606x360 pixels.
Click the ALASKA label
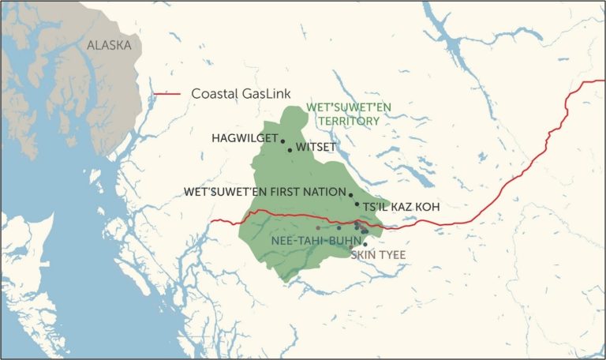point(109,46)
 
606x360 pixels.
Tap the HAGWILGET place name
point(244,138)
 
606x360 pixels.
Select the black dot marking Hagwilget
point(282,141)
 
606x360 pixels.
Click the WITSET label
point(316,148)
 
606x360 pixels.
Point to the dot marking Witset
point(290,149)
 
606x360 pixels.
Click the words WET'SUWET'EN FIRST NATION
point(264,192)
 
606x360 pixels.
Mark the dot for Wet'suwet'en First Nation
point(350,194)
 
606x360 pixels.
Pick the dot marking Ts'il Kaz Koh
point(357,204)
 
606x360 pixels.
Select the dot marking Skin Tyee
point(365,245)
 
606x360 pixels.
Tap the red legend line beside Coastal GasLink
point(168,94)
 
